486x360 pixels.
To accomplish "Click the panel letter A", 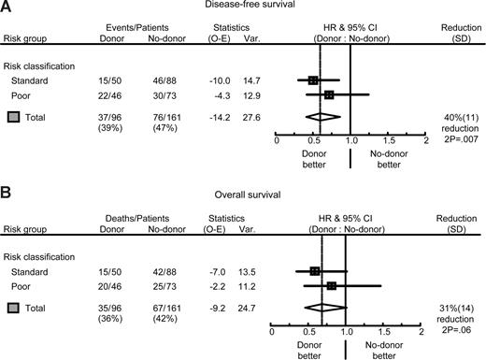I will (x=7, y=8).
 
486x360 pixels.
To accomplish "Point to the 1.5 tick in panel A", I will (x=388, y=140).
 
